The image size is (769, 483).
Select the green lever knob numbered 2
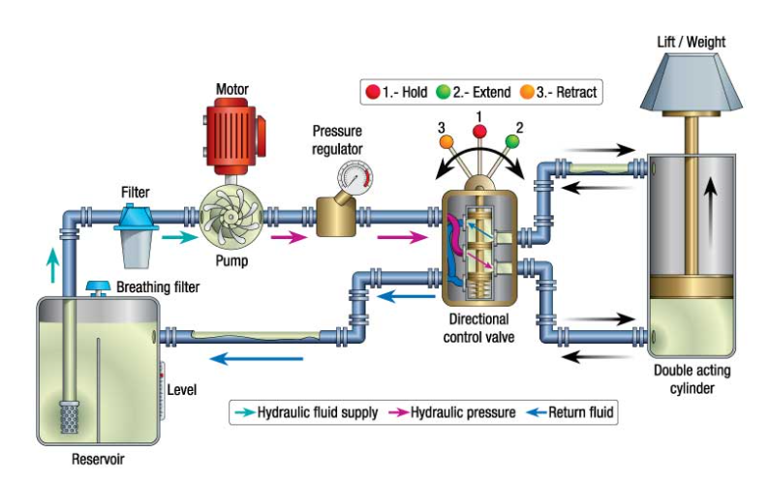click(512, 141)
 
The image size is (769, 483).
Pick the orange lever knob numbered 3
click(446, 141)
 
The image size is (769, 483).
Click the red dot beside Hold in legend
click(371, 93)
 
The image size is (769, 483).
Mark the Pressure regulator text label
click(338, 138)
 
